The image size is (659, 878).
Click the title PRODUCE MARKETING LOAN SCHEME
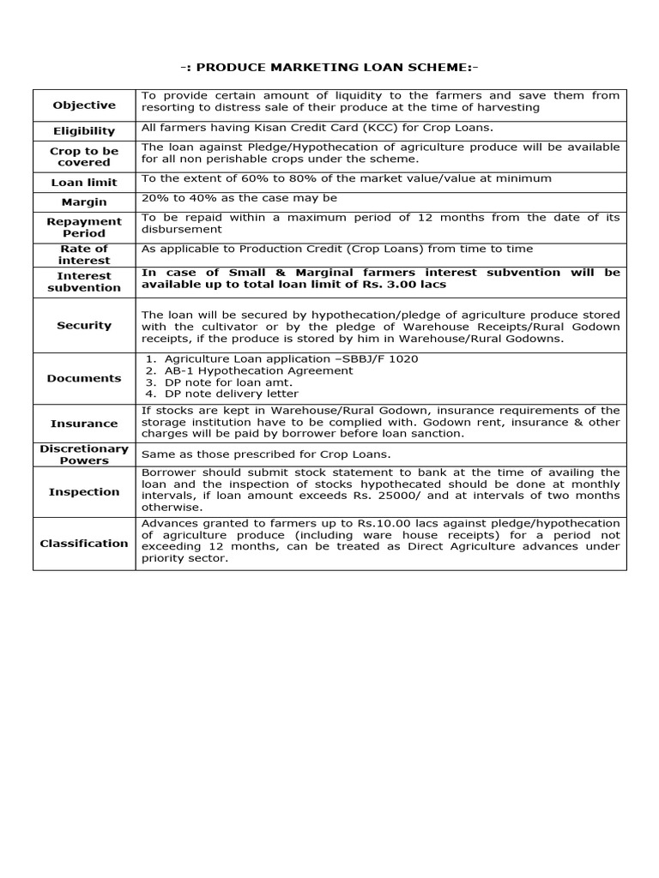coord(329,68)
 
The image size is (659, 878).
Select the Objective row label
coord(84,105)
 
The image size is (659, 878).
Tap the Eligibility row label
coord(84,131)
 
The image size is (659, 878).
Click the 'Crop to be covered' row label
coord(84,156)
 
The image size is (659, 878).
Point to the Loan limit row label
coord(84,183)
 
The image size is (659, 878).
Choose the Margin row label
coord(84,202)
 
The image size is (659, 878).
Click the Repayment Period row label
coord(84,227)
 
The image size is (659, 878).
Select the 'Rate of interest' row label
coord(84,255)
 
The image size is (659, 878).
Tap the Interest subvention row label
coord(84,281)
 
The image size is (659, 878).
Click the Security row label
coord(84,326)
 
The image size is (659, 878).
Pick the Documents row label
coord(84,378)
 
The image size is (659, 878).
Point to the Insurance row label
coord(84,424)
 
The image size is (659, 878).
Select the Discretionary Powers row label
coord(84,454)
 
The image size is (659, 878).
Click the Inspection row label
coord(84,492)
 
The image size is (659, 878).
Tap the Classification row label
coord(84,544)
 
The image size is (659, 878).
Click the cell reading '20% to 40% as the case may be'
coord(239,198)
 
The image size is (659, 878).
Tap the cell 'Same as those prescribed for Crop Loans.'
coord(265,454)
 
